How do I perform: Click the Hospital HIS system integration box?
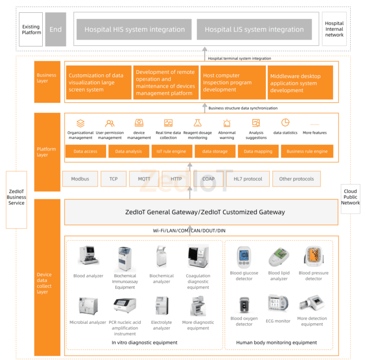pos(134,29)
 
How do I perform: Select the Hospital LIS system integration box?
pos(254,29)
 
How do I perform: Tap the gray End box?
pos(55,29)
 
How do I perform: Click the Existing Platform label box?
pos(31,29)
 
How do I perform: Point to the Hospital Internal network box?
pos(334,29)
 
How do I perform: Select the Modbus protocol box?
pos(80,179)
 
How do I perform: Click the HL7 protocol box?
pos(248,179)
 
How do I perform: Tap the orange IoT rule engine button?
pos(171,152)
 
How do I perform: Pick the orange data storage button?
pos(215,152)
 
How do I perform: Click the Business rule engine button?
pos(307,152)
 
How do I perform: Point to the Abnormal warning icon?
pos(227,123)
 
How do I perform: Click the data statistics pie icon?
pos(285,123)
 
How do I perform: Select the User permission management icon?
pos(110,123)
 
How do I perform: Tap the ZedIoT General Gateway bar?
pos(201,212)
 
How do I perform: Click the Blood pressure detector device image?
pos(313,257)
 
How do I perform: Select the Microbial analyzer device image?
pos(87,306)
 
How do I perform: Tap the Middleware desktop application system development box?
pos(300,83)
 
